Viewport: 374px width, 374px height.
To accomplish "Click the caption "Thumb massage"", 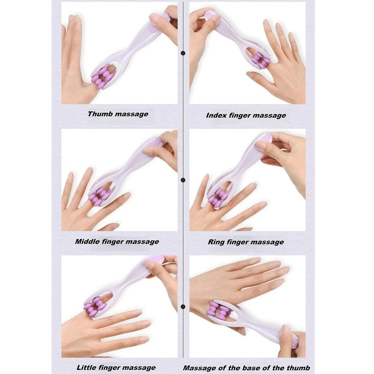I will click(118, 114).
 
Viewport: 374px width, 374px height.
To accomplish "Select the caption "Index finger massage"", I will click(246, 116).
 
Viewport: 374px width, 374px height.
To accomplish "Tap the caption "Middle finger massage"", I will click(117, 242).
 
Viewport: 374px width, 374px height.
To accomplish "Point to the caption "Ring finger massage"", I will click(246, 242).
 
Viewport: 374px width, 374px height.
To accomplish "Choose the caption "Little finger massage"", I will click(116, 368).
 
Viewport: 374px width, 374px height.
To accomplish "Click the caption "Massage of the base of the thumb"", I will click(246, 368).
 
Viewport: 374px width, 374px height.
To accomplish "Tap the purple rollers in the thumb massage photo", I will click(102, 77).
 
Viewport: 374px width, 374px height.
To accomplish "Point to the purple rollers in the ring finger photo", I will click(218, 199).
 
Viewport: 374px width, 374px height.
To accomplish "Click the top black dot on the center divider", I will click(183, 53).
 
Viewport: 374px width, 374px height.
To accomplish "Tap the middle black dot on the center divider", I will click(183, 180).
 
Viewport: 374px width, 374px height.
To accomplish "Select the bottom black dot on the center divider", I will click(183, 307).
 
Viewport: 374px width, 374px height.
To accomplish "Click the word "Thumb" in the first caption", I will click(100, 114).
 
